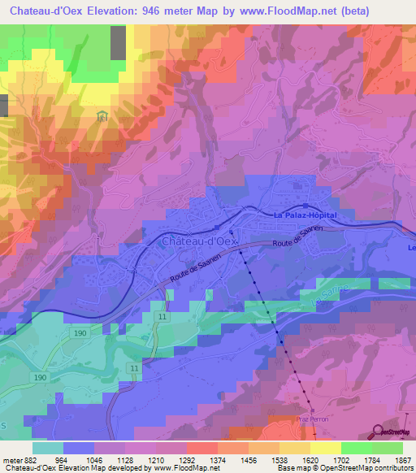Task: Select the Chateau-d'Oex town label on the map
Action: pos(199,241)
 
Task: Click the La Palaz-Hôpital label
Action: pos(304,215)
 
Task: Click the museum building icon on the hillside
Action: pos(102,119)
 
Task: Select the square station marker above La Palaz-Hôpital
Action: pos(305,206)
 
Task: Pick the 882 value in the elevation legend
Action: pos(23,459)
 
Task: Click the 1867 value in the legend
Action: pos(402,459)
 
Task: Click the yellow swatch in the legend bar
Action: pos(324,448)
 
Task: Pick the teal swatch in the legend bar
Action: pos(48,448)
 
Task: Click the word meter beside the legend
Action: pos(10,459)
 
